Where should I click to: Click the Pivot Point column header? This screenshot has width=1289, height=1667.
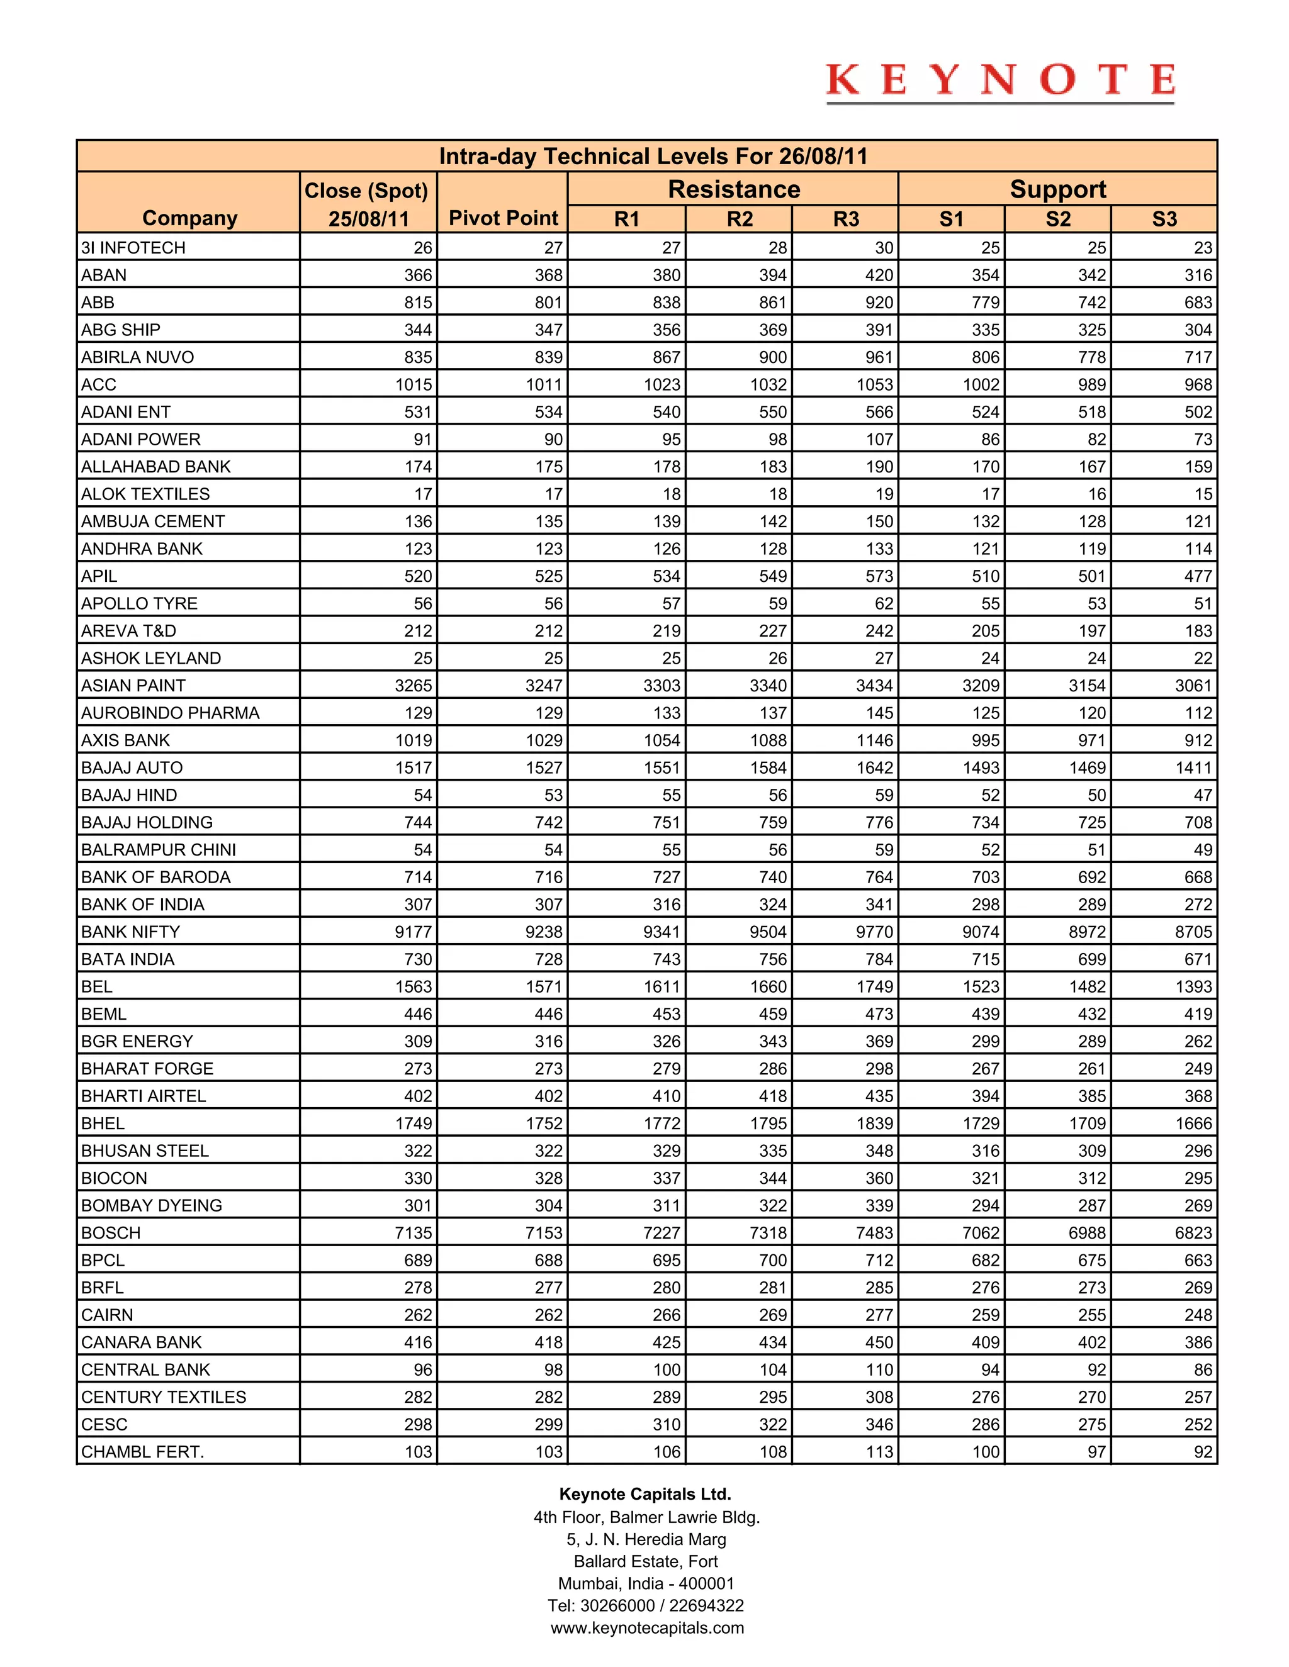click(x=504, y=218)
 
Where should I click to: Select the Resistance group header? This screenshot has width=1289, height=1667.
click(x=733, y=189)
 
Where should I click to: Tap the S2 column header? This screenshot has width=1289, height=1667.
click(x=1057, y=220)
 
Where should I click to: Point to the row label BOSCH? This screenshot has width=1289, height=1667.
click(x=111, y=1233)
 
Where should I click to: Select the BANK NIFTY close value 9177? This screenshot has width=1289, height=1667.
click(x=413, y=932)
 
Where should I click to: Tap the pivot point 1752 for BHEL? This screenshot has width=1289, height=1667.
click(x=544, y=1123)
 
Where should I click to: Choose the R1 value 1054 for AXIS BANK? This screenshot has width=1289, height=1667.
click(x=661, y=740)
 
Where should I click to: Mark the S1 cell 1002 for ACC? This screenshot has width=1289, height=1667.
click(x=981, y=385)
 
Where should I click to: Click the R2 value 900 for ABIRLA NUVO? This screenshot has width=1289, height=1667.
click(x=772, y=357)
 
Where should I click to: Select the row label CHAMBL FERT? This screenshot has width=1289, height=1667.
click(x=143, y=1452)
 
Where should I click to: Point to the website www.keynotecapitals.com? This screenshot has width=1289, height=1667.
click(x=647, y=1627)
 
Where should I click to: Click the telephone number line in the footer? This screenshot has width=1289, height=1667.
click(x=645, y=1605)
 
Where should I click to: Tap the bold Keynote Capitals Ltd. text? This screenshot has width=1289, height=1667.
click(x=645, y=1494)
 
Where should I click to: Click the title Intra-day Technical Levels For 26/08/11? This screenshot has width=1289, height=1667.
click(x=653, y=157)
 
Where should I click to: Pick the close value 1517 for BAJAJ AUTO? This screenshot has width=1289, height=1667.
click(x=413, y=768)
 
